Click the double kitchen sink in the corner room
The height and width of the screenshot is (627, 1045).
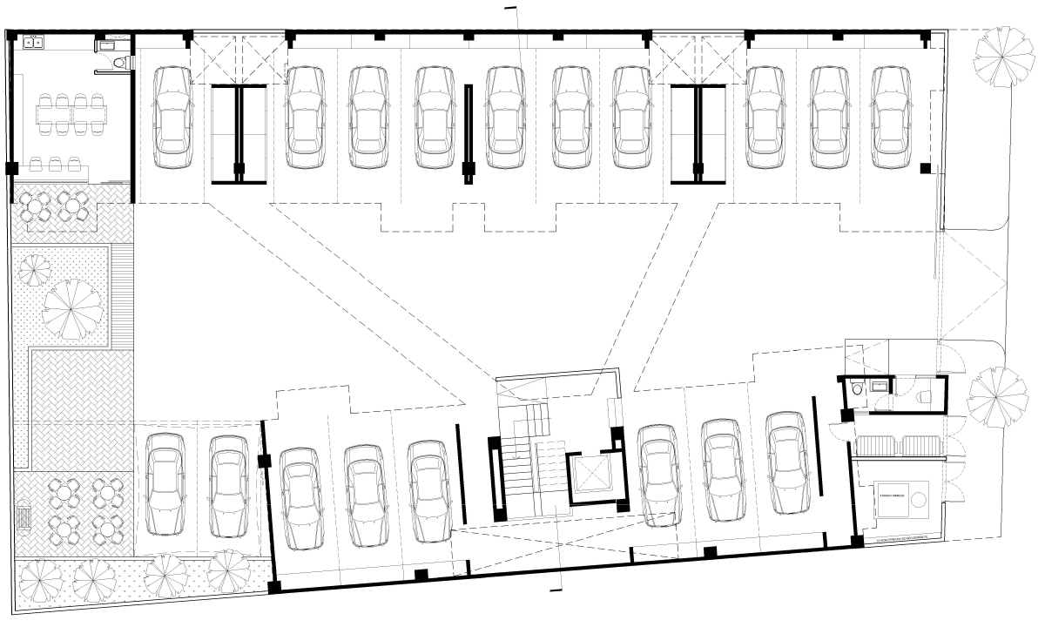[34, 40]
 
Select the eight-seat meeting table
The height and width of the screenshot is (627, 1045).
[67, 114]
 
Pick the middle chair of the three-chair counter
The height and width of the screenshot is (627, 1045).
[55, 164]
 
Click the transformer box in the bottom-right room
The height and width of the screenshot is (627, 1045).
[896, 499]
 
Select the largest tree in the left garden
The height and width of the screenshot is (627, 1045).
[73, 308]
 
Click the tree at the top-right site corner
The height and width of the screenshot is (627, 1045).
[1001, 55]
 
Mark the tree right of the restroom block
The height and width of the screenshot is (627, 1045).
[998, 396]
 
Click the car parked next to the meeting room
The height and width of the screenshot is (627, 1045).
[172, 118]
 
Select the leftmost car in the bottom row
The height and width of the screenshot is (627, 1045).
[165, 485]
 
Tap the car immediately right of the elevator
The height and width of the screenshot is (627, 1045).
[658, 475]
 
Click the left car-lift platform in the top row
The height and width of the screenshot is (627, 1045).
[239, 135]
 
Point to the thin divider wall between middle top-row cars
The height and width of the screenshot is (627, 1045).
[468, 135]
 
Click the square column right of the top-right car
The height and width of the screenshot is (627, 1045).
[926, 167]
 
